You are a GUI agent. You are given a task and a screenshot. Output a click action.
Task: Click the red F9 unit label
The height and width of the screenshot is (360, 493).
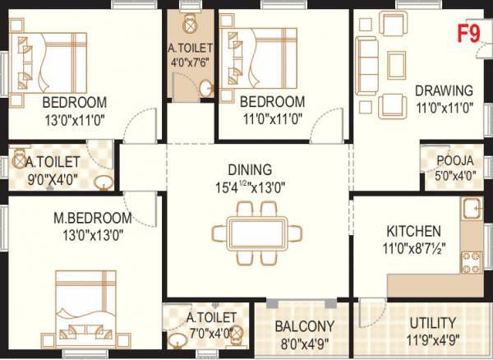click(x=469, y=35)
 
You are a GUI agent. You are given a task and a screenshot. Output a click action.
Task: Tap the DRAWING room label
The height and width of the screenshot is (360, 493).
click(x=444, y=90)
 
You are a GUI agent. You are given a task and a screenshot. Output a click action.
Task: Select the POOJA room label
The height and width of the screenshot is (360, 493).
click(x=454, y=161)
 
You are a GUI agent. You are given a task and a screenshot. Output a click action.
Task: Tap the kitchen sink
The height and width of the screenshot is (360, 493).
click(x=472, y=210)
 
